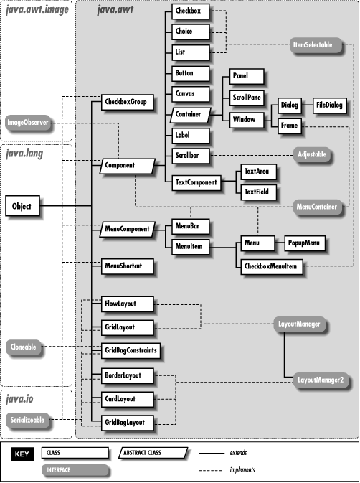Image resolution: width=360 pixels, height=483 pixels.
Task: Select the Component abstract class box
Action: click(x=127, y=165)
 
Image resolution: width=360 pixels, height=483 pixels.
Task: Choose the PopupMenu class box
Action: click(x=305, y=243)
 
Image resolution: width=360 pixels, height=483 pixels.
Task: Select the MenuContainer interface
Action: click(x=318, y=206)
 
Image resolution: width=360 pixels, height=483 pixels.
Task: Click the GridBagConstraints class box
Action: click(x=129, y=351)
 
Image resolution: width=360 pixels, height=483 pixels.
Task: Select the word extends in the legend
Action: click(x=240, y=453)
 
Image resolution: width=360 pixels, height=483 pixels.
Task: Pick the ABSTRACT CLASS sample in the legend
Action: click(x=147, y=453)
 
